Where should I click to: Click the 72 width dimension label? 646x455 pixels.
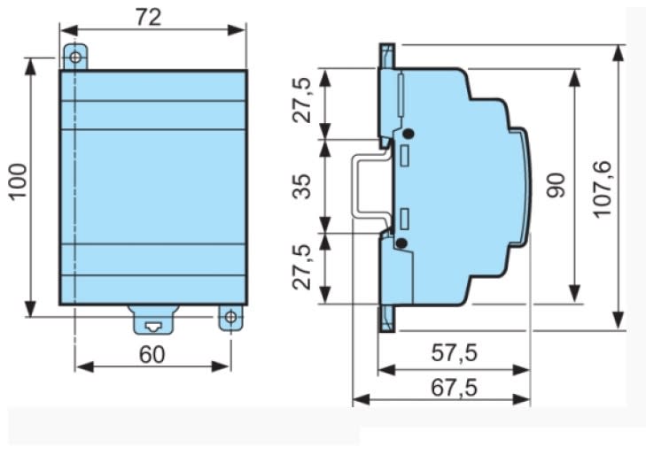point(149,18)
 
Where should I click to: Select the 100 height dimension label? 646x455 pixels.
point(19,181)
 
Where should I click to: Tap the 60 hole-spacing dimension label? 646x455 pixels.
point(152,354)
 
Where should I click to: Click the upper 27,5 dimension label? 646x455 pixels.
point(302,100)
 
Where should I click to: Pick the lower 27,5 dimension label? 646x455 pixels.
point(302,267)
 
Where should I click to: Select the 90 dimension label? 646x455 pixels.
point(556,186)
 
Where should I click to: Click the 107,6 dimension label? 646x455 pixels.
point(603,189)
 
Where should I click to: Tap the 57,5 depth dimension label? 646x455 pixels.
point(454,353)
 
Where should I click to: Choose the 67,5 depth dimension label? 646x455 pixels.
point(454,388)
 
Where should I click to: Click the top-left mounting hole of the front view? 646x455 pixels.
point(75,58)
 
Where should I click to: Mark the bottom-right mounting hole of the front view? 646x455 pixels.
point(230,317)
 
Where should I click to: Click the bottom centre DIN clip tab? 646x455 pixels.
point(152,320)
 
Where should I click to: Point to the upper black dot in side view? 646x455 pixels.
point(409,134)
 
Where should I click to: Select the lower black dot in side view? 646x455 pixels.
point(401,243)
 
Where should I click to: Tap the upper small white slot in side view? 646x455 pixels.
point(405,156)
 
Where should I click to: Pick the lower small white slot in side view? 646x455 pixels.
point(405,219)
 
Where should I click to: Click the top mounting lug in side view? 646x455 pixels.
point(387,57)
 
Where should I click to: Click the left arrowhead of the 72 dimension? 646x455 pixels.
point(68,30)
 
